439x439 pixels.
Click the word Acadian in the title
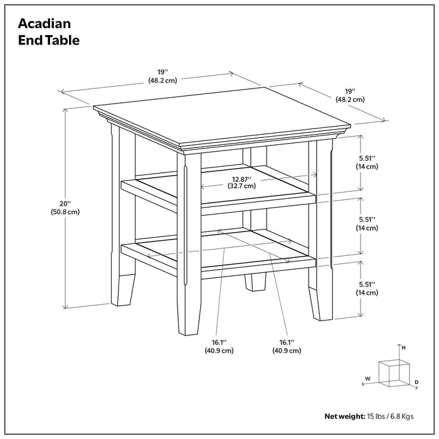tap(44, 24)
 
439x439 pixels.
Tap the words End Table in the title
tap(49, 41)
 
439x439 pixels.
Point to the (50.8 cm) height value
tap(66, 212)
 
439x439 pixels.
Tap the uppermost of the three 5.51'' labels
tap(368, 158)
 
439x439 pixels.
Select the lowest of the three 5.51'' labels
tap(368, 283)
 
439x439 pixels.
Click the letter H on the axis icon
tap(404, 347)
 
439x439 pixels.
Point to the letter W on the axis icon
tap(368, 379)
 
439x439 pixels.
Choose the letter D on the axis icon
tap(416, 382)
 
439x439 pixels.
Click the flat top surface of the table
tap(219, 116)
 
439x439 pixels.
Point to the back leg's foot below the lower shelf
tap(254, 282)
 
